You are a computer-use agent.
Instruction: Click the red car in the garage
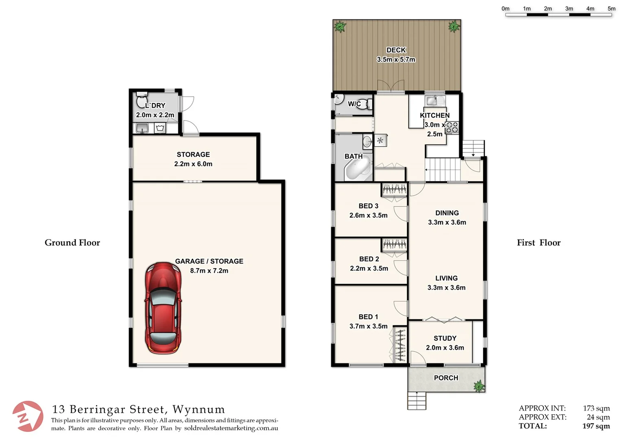click(163, 308)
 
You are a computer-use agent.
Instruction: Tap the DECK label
click(396, 50)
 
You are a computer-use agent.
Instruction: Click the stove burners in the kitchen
click(452, 128)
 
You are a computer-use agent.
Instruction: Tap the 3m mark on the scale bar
click(569, 9)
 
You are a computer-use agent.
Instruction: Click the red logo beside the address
click(27, 416)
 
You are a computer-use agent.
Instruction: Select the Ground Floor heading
click(72, 243)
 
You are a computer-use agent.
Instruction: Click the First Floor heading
click(539, 243)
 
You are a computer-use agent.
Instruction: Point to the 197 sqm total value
click(596, 426)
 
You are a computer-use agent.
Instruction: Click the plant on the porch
click(479, 385)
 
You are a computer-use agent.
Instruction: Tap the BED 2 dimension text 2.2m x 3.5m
click(369, 268)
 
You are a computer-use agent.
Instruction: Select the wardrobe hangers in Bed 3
click(394, 189)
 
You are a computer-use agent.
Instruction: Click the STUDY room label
click(445, 338)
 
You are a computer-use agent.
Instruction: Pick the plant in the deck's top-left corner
click(340, 27)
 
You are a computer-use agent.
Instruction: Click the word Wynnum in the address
click(199, 409)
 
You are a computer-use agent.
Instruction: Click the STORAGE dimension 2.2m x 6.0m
click(193, 164)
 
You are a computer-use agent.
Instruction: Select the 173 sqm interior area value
click(596, 408)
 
